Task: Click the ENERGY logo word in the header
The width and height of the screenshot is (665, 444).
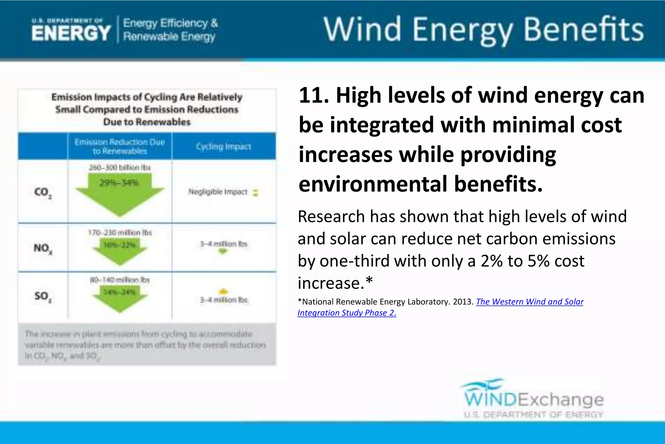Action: (x=71, y=33)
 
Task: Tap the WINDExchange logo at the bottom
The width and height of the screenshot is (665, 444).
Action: (x=533, y=399)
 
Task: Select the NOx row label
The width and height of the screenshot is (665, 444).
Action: (x=43, y=249)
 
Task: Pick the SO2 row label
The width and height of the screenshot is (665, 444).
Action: (x=43, y=296)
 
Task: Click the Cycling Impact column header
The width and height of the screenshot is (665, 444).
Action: (x=223, y=146)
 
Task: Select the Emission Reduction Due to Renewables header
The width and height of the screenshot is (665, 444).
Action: (x=119, y=146)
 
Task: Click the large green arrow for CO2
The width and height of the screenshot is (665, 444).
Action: (x=120, y=195)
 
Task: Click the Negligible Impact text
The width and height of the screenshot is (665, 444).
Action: (x=218, y=192)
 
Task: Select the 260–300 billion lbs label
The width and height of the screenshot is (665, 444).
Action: (x=120, y=167)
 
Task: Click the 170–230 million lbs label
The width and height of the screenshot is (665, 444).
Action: (x=120, y=233)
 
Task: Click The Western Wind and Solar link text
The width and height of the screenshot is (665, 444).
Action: (x=530, y=302)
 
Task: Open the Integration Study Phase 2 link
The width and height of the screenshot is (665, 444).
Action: (x=346, y=313)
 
